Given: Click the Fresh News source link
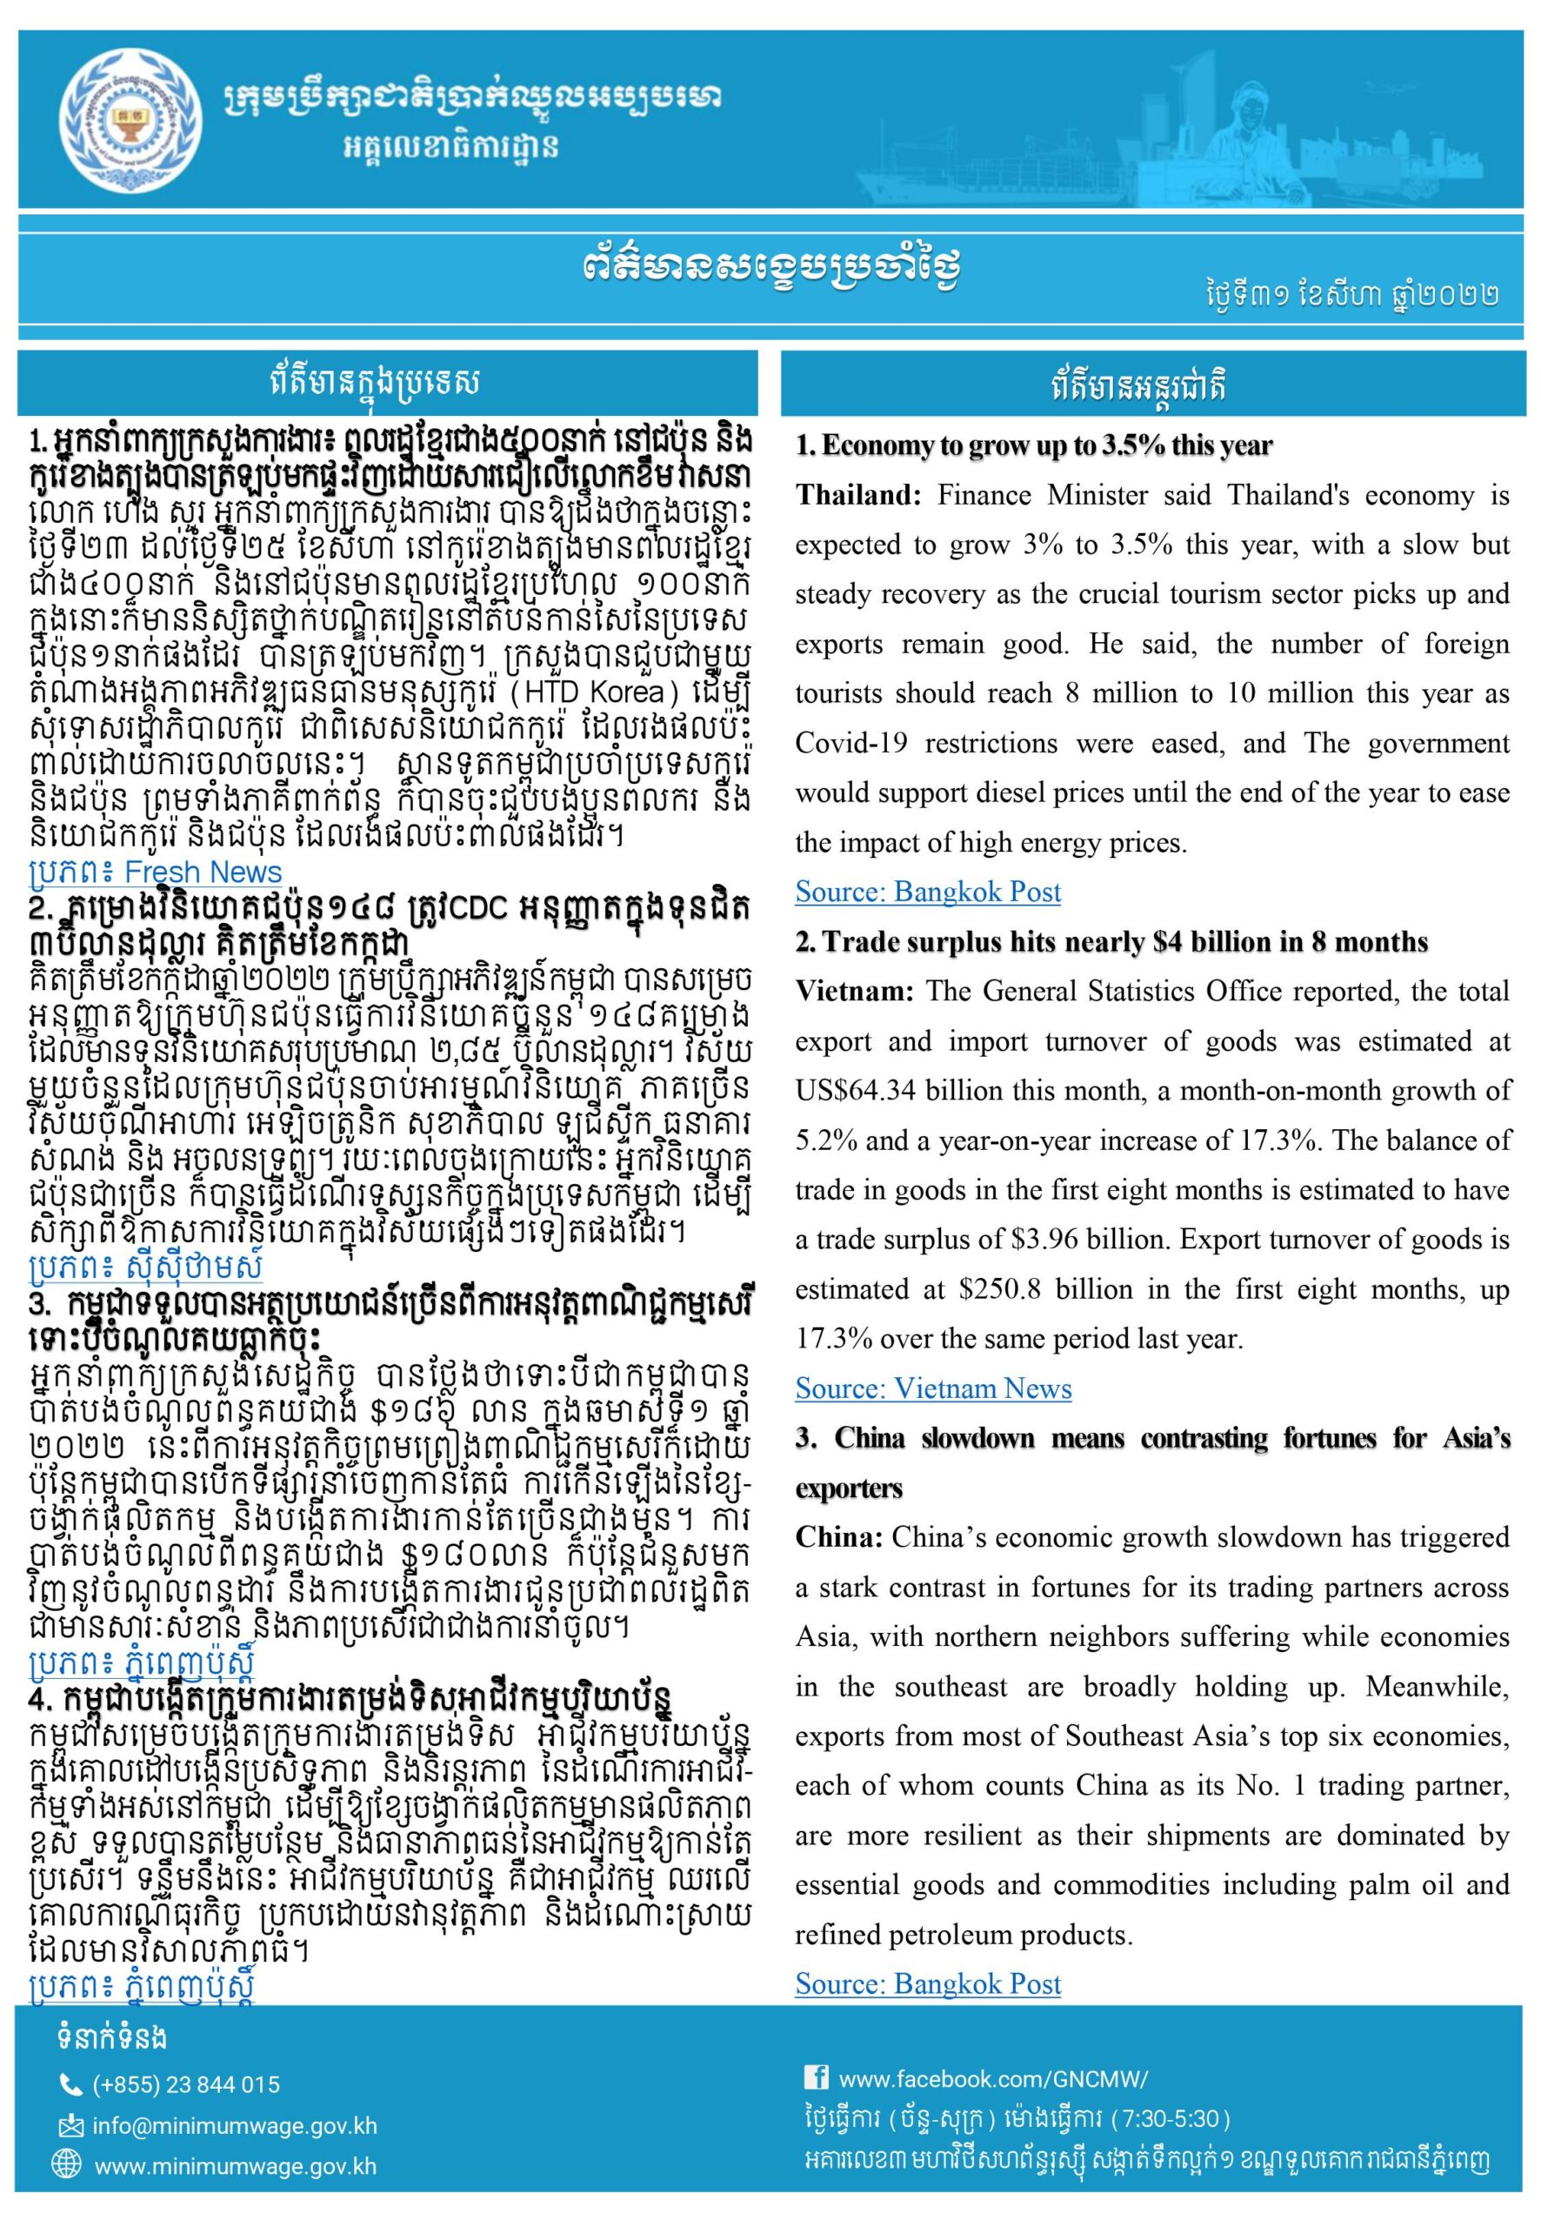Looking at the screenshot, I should coord(157,872).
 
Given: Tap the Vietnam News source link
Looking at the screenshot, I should coord(933,1388).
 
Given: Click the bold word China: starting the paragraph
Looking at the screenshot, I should coord(838,1537).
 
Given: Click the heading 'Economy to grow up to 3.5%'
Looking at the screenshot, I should coord(1034,445).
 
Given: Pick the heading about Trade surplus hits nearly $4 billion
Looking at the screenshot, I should coord(1111,941).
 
